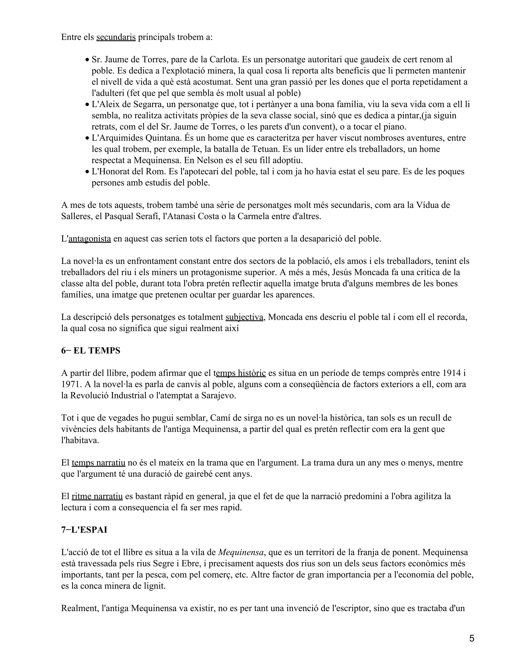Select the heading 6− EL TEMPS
(90, 351)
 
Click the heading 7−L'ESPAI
(84, 530)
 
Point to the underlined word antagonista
(90, 239)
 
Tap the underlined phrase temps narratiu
(98, 463)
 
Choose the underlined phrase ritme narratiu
(97, 496)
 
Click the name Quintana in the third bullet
(164, 138)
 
